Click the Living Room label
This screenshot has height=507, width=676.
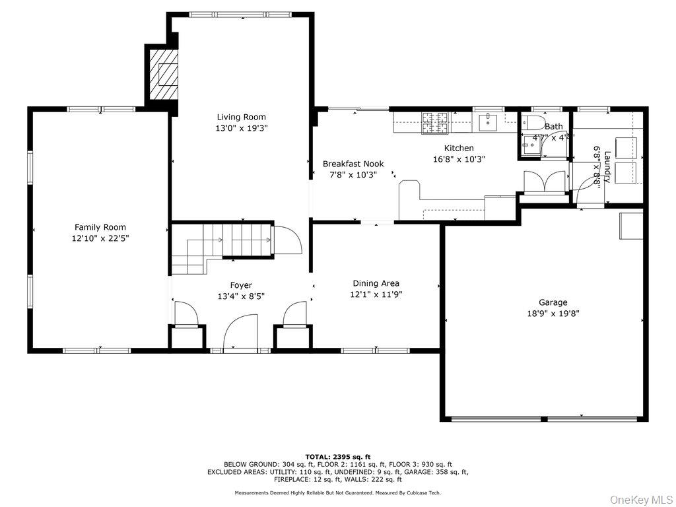[x=241, y=117]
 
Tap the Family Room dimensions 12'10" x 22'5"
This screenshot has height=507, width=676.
[x=100, y=238]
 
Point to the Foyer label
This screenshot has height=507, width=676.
[x=241, y=285]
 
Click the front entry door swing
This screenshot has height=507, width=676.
[x=239, y=333]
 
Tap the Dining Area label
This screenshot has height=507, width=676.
[x=376, y=283]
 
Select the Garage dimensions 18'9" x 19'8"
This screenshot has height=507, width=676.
[x=553, y=314]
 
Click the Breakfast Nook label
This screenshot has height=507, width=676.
[x=353, y=164]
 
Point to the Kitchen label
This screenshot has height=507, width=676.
[x=458, y=148]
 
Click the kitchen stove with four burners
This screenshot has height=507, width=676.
[x=434, y=123]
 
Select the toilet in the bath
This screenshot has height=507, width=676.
[x=532, y=123]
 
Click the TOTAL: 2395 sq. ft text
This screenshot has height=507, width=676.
[x=337, y=457]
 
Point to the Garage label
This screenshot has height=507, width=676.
[x=553, y=302]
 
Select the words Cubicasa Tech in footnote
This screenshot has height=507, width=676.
[x=422, y=492]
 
